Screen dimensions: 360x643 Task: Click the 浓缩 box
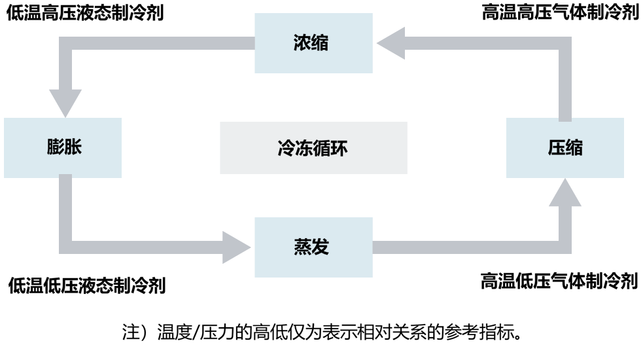click(313, 43)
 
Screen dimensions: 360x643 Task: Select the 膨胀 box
click(63, 148)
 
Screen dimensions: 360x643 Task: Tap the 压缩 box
click(565, 148)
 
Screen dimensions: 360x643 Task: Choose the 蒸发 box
click(313, 247)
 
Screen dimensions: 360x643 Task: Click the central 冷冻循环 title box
click(313, 148)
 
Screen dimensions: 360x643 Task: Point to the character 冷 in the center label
click(287, 148)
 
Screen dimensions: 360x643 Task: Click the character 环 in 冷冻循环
click(339, 148)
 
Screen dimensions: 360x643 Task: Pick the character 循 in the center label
click(322, 148)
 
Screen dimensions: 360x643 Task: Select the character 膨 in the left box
click(54, 148)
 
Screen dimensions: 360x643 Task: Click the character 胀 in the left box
click(73, 148)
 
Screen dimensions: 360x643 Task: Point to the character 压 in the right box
click(556, 148)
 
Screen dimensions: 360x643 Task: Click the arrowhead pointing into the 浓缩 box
click(391, 43)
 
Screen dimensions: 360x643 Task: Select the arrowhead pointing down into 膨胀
click(65, 103)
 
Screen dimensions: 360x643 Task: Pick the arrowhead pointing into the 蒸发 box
click(236, 247)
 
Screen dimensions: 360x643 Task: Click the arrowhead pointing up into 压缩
click(565, 193)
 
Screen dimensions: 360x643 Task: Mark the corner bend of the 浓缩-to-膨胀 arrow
click(65, 43)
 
